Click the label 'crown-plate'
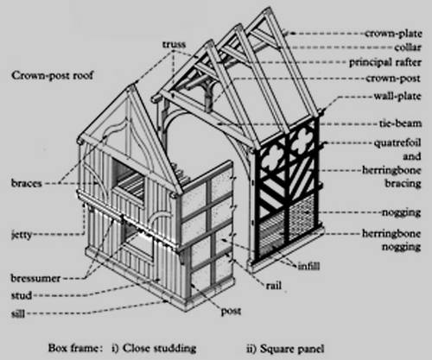393,34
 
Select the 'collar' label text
408,47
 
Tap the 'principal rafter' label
385,62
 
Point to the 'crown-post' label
393,79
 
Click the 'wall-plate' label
397,96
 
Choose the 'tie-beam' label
400,123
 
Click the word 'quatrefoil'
397,142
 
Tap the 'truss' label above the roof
174,44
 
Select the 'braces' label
27,183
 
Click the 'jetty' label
22,235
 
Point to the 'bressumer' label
35,278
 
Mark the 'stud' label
22,295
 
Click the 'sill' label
18,313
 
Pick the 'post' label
231,311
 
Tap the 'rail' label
273,286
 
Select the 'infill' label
308,266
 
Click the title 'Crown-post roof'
52,76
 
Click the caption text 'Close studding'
159,348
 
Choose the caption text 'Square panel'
292,349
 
